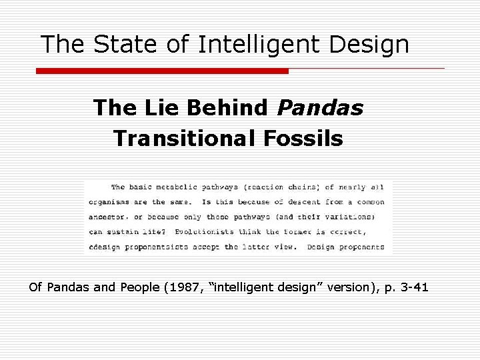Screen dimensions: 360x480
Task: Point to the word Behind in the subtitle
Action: tap(226, 107)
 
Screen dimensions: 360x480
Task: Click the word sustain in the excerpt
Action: tap(129, 232)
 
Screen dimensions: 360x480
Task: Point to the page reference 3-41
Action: tap(413, 288)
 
